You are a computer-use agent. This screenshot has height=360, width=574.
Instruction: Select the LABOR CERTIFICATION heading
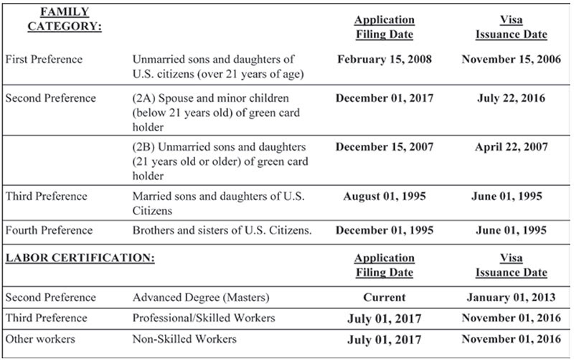[x=80, y=257]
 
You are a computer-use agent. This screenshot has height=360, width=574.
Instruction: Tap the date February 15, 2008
[x=385, y=59]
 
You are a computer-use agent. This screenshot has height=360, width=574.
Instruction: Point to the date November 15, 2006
[x=510, y=59]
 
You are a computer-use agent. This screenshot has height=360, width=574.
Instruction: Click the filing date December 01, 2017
[x=385, y=98]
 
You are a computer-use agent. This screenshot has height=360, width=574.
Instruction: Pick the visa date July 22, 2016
[x=510, y=98]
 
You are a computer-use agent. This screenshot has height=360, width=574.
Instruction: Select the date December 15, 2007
[x=385, y=147]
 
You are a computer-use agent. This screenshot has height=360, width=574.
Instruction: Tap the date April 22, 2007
[x=510, y=147]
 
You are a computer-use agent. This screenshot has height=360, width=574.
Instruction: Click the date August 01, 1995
[x=385, y=196]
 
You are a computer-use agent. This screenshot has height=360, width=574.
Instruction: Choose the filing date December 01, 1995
[x=385, y=230]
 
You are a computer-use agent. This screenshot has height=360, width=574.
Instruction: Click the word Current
[x=385, y=297]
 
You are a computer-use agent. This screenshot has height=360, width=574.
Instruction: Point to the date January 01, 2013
[x=510, y=297]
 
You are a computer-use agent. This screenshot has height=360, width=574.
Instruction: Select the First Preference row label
[x=44, y=59]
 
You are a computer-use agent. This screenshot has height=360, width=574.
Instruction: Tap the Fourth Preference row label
[x=49, y=230]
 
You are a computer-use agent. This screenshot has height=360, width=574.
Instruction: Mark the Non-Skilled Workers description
[x=184, y=338]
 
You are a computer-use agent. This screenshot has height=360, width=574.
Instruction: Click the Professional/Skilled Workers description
[x=203, y=318]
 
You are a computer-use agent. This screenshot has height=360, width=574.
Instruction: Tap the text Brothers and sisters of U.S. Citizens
[x=222, y=230]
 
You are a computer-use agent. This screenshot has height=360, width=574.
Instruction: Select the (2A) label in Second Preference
[x=143, y=98]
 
